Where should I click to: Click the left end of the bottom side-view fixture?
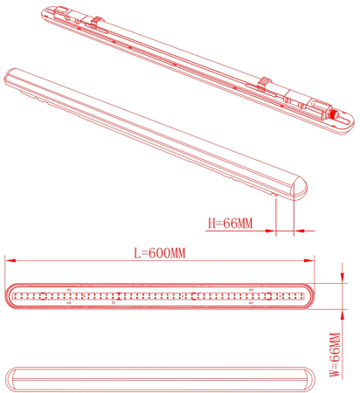(11, 378)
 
